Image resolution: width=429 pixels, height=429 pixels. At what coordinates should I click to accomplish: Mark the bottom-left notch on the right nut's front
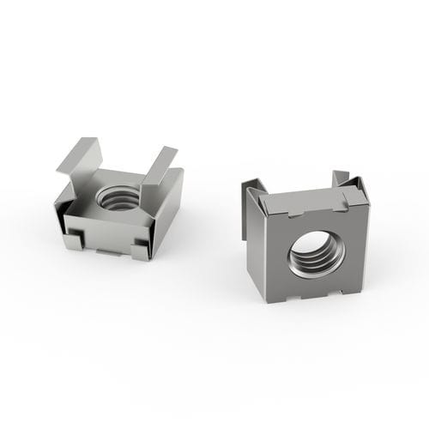click(x=287, y=295)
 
